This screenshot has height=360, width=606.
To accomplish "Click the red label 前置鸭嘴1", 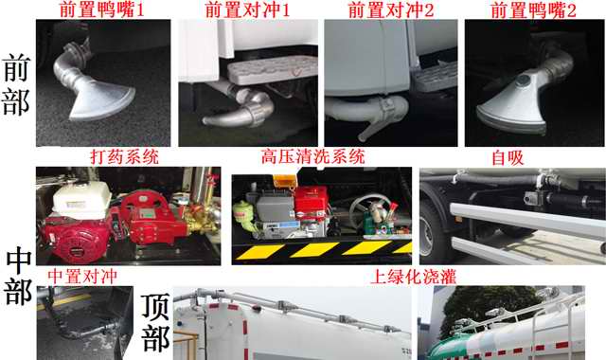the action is coord(102,9).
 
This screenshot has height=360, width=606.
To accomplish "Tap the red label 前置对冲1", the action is coord(247,9).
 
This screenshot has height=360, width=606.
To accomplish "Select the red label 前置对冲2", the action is coord(391,9).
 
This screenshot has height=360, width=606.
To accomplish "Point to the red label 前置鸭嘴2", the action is coord(533,9).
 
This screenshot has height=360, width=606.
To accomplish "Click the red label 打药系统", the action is coord(124,157).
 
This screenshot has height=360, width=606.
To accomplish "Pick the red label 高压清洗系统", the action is coord(312,157).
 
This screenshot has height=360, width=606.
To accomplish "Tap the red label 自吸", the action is coord(508,157).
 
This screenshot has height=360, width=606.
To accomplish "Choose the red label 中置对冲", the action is coord(82,277).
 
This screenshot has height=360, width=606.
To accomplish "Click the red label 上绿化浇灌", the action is coord(413,277).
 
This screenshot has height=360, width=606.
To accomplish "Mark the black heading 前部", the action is coord(16,84).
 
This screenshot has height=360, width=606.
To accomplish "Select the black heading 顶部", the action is coord(155,322).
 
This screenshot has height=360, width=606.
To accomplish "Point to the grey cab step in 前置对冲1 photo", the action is coord(272,72).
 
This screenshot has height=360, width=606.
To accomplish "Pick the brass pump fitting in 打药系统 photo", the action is coord(200,219).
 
